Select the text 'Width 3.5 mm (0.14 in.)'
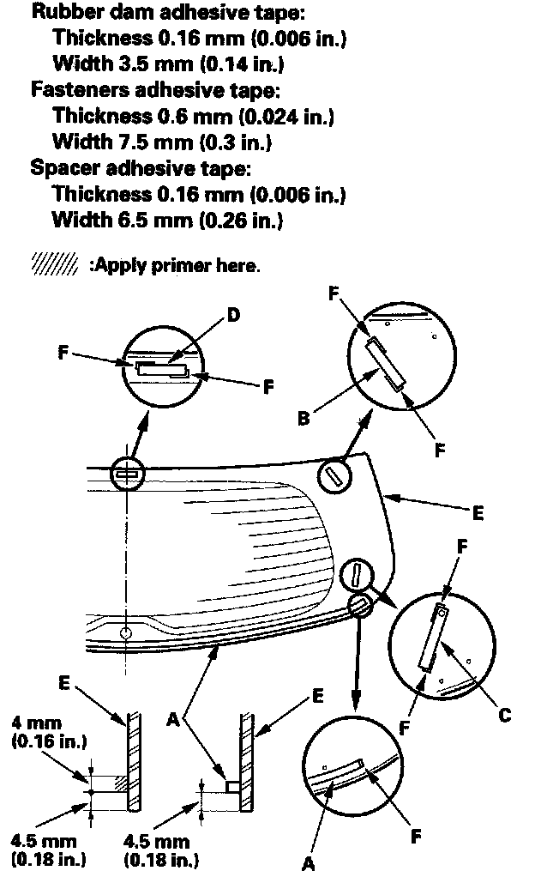coord(168,63)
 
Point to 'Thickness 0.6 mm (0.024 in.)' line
coord(193,115)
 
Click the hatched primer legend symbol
coord(53,264)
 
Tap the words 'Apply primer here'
coord(172,265)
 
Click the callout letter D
coord(234,315)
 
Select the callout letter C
coord(504,714)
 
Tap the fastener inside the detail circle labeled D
coord(163,370)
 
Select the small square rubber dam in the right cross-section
coord(232,783)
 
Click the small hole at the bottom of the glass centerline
coord(126,633)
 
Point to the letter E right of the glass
coord(478,513)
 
